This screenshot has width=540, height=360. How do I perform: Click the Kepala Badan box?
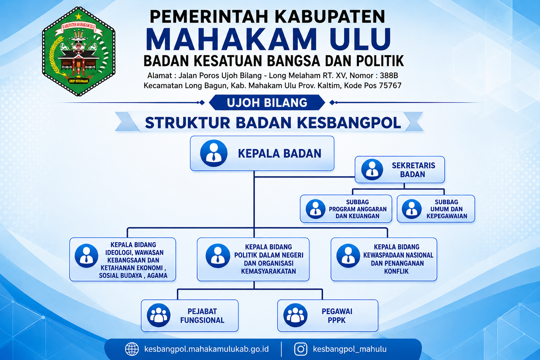pos(262,153)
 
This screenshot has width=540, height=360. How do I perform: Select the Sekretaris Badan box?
pos(400,169)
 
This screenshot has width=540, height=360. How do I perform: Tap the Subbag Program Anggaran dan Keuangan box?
pos(346,209)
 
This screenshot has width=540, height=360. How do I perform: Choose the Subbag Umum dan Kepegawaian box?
pos(436,209)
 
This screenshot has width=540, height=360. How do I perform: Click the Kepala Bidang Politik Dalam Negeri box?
pos(253,259)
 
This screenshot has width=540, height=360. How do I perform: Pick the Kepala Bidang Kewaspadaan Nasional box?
pos(384,259)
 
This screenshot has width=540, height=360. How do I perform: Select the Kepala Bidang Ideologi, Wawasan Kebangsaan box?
pos(123,259)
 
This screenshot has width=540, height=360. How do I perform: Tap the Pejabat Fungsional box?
pos(190,315)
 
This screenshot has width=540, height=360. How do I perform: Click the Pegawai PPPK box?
pos(328,315)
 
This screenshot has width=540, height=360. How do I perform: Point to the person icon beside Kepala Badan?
pos(214,153)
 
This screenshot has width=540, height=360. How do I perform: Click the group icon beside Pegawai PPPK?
pos(295,315)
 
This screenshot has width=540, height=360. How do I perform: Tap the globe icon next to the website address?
pos(132,349)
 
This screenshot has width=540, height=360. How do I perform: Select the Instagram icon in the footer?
pos(301,349)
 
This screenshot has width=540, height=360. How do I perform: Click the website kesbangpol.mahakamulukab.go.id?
pos(206,349)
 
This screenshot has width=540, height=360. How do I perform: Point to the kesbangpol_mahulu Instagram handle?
pos(350,349)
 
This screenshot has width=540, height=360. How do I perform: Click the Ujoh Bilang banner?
pos(267,102)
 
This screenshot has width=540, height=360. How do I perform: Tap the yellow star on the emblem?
pos(79,17)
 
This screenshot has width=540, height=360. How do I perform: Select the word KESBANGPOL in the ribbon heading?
pos(349,123)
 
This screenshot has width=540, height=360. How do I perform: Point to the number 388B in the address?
pos(389,76)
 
